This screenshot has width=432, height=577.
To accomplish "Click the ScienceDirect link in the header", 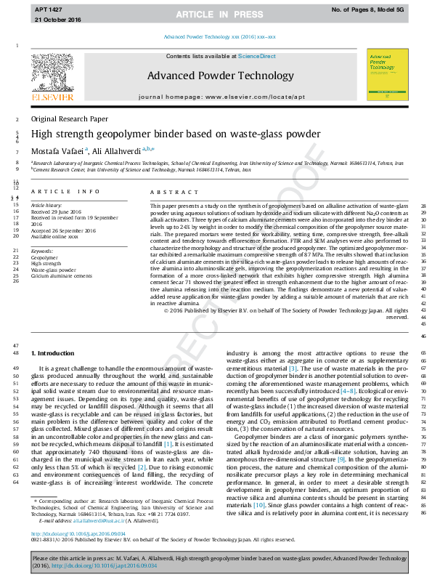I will tap(257, 57).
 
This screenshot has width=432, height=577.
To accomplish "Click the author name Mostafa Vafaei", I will tap(57, 150).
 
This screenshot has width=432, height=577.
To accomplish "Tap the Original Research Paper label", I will tap(70, 118).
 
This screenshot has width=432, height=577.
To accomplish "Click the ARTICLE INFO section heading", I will tap(65, 191).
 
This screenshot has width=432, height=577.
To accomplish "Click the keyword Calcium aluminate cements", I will tap(62, 277).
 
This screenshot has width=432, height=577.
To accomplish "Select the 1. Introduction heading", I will tap(53, 352).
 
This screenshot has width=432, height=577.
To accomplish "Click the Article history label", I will tap(46, 206).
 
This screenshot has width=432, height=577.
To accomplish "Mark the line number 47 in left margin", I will tap(16, 344).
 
